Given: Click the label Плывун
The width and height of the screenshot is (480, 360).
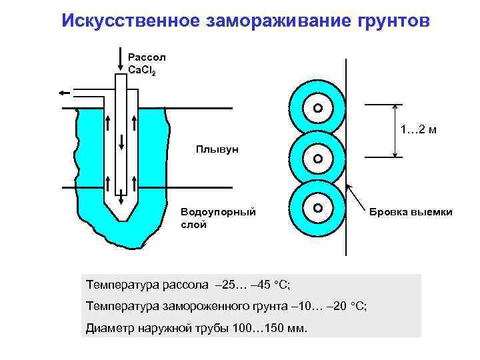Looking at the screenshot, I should pos(217,148).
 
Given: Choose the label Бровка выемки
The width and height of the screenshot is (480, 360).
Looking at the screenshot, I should pos(411,212).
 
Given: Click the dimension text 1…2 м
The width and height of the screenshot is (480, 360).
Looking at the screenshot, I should pos(419,129).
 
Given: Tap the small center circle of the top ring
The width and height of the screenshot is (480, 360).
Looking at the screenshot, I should pos(318,108).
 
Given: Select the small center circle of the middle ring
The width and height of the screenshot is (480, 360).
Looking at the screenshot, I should pos(318,159).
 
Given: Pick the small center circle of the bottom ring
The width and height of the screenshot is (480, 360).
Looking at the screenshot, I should pos(318,208).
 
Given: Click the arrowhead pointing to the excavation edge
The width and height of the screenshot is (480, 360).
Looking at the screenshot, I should pos(350,190).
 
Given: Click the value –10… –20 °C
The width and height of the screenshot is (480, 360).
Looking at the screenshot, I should pos(329,306).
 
